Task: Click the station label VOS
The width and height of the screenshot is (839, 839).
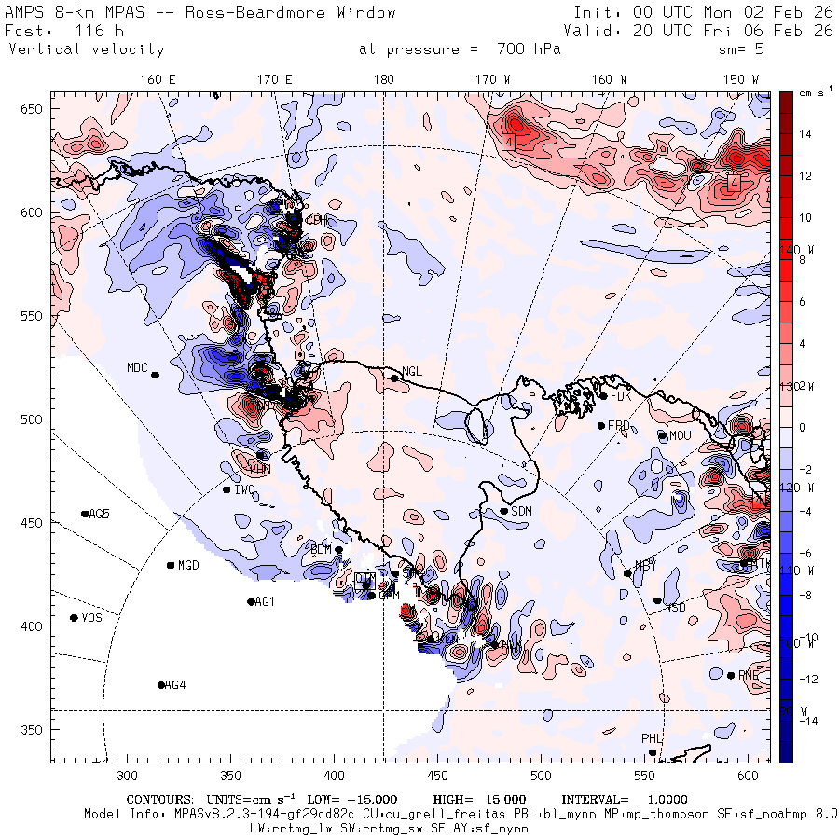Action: click(x=91, y=618)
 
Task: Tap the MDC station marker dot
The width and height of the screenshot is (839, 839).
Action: click(x=155, y=375)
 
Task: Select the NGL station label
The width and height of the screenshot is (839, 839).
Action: click(x=412, y=371)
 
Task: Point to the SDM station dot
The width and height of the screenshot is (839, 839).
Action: click(x=504, y=511)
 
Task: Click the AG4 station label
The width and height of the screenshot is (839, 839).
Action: click(x=174, y=685)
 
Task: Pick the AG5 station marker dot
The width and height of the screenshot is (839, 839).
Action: click(x=85, y=514)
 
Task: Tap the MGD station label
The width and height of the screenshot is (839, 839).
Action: click(x=188, y=566)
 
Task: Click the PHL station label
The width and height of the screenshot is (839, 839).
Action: click(x=651, y=738)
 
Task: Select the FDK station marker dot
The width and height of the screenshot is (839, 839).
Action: click(x=603, y=396)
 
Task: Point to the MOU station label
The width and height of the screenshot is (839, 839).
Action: click(x=681, y=435)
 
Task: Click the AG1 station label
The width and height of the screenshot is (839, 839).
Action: click(x=266, y=602)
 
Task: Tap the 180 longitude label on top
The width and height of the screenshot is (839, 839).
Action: click(x=383, y=80)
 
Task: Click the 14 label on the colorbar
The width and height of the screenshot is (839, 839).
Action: click(x=805, y=134)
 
